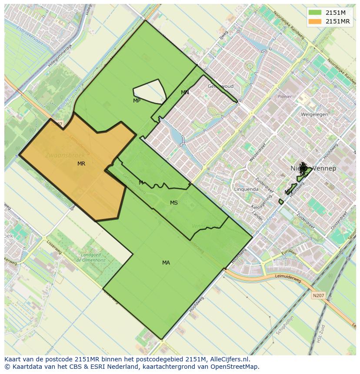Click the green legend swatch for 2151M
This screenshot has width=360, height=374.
coord(315,13)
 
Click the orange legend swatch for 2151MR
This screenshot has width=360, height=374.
coord(315,21)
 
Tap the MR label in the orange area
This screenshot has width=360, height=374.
coord(81,164)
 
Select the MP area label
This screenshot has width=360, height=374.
coord(137,101)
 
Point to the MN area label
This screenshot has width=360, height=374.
coord(185,93)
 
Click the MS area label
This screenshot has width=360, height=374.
coord(174,203)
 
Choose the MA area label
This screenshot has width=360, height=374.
coord(166,263)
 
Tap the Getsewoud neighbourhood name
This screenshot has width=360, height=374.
coord(220,86)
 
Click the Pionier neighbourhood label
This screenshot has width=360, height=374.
coord(285,97)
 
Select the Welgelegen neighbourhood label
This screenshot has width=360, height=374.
coord(314,115)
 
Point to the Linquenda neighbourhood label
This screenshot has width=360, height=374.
coord(247,189)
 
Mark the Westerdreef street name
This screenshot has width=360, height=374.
coord(257,153)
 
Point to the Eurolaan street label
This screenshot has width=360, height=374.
coord(288,253)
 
